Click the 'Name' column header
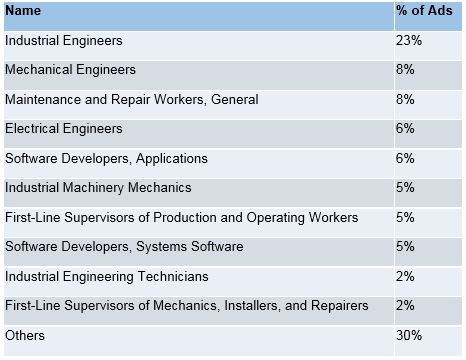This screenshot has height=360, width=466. [x=23, y=11]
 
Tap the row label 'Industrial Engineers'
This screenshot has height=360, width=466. [x=64, y=41]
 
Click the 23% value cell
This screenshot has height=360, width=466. [x=409, y=41]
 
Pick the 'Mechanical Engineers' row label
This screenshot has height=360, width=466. [x=70, y=70]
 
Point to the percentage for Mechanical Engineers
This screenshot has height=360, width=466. [x=405, y=70]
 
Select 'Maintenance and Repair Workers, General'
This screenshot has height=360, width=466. [x=132, y=100]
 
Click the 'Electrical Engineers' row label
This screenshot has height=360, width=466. [x=64, y=129]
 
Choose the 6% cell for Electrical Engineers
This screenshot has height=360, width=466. [x=405, y=129]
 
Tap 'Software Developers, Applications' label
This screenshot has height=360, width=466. [x=106, y=158]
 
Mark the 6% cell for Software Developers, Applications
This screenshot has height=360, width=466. [x=405, y=158]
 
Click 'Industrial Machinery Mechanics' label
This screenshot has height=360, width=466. [x=98, y=188]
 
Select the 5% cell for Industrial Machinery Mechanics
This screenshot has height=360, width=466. [x=405, y=188]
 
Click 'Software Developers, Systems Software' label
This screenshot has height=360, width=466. [x=124, y=246]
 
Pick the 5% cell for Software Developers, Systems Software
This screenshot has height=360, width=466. [x=405, y=246]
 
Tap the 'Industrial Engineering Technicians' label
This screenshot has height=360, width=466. [x=107, y=276]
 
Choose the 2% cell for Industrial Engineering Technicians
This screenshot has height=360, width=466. [x=405, y=276]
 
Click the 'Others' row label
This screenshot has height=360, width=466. [x=25, y=335]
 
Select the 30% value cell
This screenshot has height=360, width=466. [x=409, y=335]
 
